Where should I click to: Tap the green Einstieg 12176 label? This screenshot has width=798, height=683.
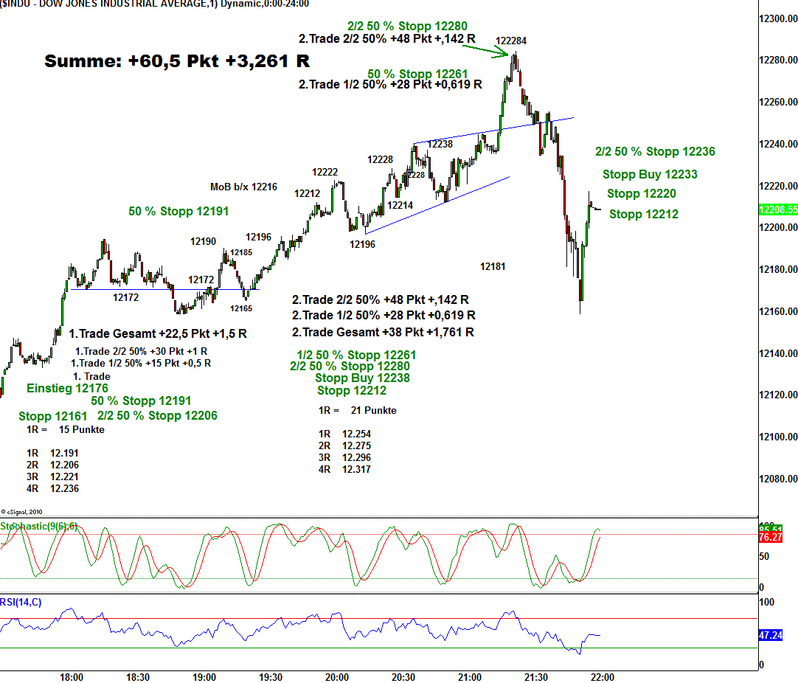[67, 388]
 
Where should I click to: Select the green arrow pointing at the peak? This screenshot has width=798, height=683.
[486, 49]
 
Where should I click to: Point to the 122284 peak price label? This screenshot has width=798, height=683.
[511, 41]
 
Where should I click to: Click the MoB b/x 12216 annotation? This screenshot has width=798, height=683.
[243, 187]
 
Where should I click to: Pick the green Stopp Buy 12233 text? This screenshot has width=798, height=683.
[650, 175]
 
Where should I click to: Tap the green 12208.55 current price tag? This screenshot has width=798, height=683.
[777, 209]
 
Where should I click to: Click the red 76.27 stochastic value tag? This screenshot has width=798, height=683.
[771, 538]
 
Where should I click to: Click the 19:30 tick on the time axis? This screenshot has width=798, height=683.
[271, 677]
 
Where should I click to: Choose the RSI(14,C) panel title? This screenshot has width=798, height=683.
[21, 603]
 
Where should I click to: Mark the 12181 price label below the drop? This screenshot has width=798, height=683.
[493, 266]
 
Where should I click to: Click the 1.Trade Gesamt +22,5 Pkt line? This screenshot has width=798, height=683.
[158, 334]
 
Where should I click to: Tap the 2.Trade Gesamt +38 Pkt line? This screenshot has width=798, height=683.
[383, 333]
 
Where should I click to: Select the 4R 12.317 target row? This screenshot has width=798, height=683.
[344, 469]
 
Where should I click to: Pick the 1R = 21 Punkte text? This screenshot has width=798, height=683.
[357, 410]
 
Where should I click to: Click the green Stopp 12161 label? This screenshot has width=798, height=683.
[53, 416]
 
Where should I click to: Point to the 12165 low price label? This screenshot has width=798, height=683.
[240, 308]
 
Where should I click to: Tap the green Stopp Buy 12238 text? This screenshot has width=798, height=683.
[362, 378]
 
